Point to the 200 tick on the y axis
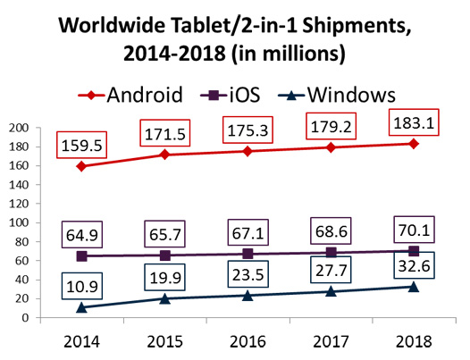click(x=18, y=128)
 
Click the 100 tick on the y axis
click(x=18, y=222)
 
